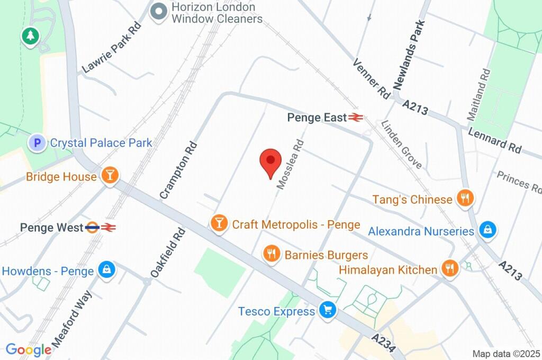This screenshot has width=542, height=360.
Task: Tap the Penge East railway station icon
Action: point(355,118)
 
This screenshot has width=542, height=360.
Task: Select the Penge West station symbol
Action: point(100,227)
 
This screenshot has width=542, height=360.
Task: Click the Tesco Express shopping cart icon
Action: point(327,311)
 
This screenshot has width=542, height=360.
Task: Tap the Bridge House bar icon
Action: point(110,176)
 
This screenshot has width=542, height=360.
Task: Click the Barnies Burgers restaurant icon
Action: point(272,254)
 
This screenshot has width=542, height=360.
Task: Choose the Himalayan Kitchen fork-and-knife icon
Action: point(449,269)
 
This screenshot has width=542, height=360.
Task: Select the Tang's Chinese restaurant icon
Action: point(465,199)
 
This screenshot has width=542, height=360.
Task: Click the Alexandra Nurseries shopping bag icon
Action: point(486,230)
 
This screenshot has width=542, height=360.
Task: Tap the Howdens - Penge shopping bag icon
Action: point(107,271)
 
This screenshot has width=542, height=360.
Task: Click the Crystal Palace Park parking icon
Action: point(37,142)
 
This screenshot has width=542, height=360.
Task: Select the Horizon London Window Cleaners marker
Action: point(157,13)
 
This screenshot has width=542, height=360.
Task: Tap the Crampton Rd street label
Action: point(178,170)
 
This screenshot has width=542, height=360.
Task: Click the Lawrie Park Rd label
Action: point(112,48)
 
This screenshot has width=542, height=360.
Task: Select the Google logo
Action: point(28,349)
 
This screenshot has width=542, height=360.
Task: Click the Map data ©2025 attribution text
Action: point(505,354)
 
